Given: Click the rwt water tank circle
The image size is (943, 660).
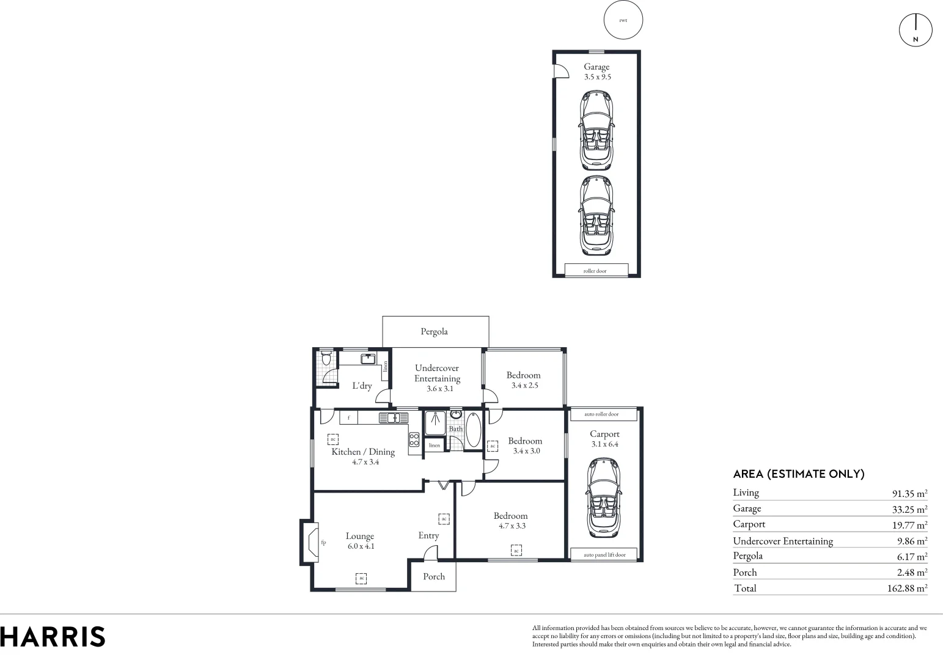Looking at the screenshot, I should pyautogui.click(x=623, y=20).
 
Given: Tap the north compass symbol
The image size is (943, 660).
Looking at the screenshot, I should pyautogui.click(x=915, y=30).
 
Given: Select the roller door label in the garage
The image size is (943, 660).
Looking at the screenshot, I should pyautogui.click(x=596, y=270).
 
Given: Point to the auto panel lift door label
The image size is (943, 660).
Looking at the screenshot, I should pyautogui.click(x=604, y=555).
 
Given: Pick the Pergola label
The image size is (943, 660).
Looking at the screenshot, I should pyautogui.click(x=434, y=332).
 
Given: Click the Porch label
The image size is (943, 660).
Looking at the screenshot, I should pyautogui.click(x=434, y=576).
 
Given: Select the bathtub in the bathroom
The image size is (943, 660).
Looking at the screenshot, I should pyautogui.click(x=473, y=430).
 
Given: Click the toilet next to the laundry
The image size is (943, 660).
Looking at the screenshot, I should pyautogui.click(x=326, y=358).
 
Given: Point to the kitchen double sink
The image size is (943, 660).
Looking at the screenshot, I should pyautogui.click(x=393, y=418).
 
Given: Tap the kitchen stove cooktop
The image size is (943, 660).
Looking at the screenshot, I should pyautogui.click(x=414, y=439).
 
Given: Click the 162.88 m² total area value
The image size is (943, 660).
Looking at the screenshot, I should pyautogui.click(x=907, y=588).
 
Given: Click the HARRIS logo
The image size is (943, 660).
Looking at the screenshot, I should pyautogui.click(x=53, y=637).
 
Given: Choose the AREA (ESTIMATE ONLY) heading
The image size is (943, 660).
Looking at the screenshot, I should pyautogui.click(x=798, y=474).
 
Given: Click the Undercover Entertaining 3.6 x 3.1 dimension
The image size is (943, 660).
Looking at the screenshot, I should pyautogui.click(x=439, y=389).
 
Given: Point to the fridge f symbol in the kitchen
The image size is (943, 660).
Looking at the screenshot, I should pyautogui.click(x=348, y=418).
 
